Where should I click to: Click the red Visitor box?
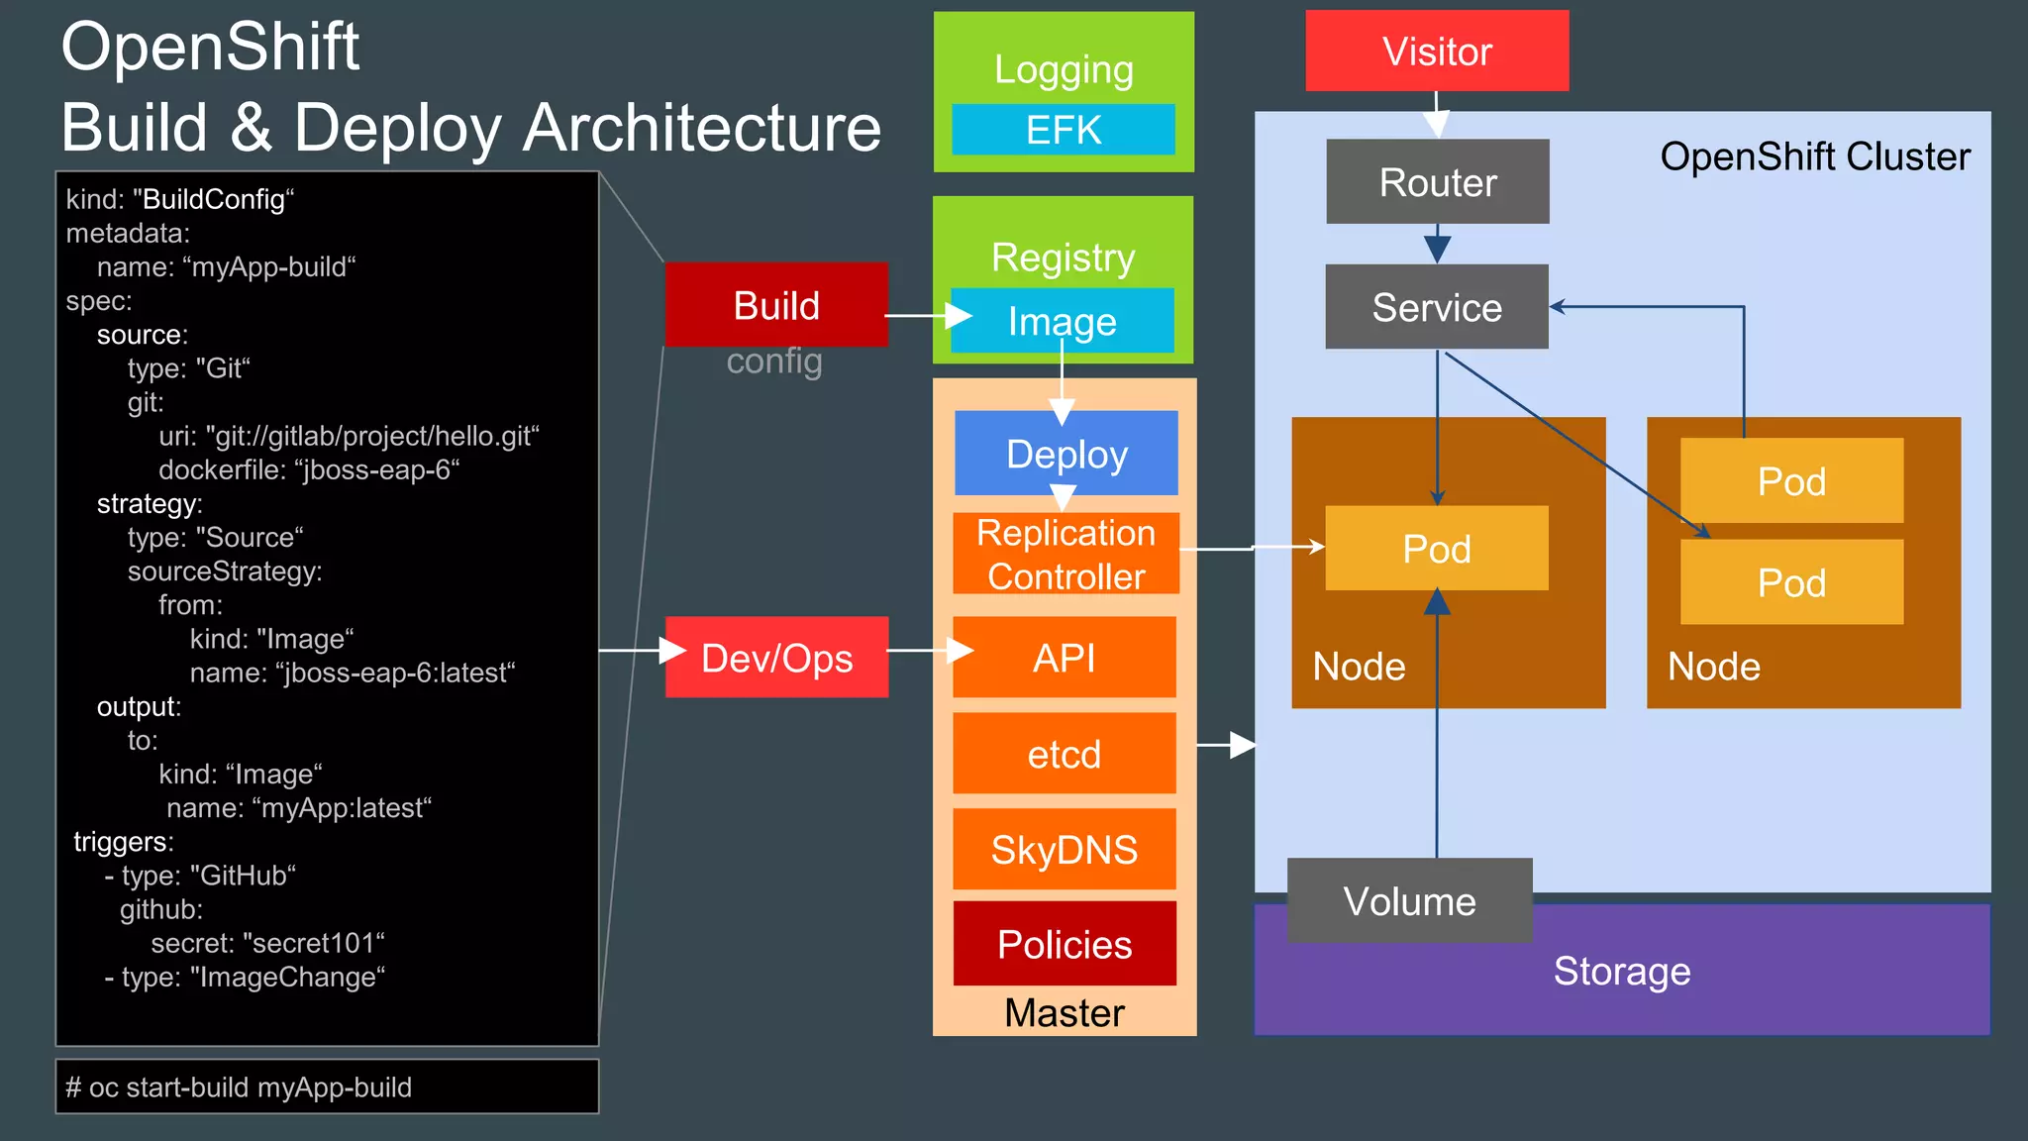tap(1437, 52)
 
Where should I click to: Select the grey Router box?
tap(1438, 182)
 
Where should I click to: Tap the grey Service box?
tap(1437, 307)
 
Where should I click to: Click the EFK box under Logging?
tap(1064, 130)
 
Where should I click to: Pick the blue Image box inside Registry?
tap(1063, 321)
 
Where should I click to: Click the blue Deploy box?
tap(1066, 454)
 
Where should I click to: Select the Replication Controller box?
tap(1065, 555)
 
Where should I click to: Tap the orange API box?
tap(1065, 658)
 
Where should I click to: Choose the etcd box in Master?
tap(1065, 754)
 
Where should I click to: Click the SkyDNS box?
tap(1065, 850)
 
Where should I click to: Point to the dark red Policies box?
tap(1065, 944)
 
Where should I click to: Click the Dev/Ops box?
tap(776, 658)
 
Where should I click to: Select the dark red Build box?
tap(776, 305)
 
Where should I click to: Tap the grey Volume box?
tap(1409, 901)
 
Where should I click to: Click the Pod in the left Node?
tap(1437, 549)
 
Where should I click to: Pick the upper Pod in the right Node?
tap(1791, 481)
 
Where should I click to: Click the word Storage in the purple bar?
tap(1622, 971)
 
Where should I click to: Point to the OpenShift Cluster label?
tap(1814, 156)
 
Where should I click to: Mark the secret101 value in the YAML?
tap(313, 943)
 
